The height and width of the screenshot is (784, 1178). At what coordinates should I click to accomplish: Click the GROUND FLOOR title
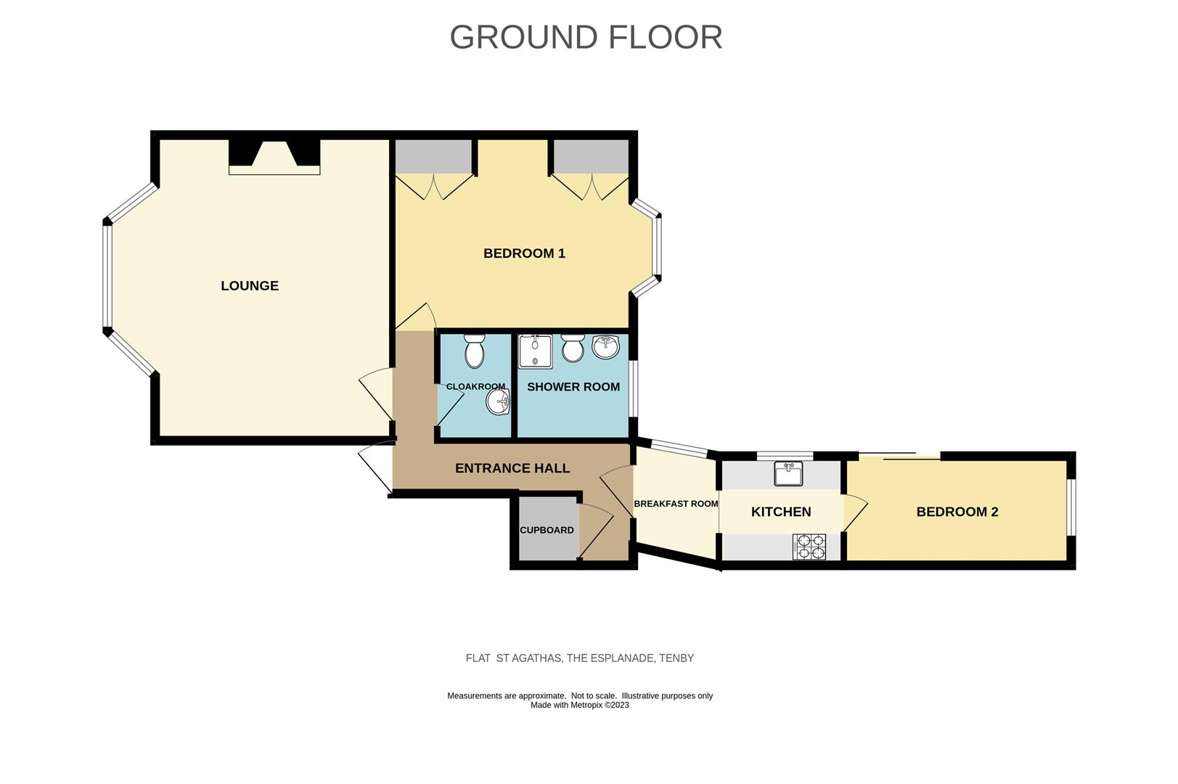point(586,37)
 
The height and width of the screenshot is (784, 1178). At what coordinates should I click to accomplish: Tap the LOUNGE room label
point(250,285)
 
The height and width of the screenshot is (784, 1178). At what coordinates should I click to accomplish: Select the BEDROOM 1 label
point(524,253)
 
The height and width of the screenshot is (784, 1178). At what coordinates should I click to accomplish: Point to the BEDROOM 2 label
point(957,512)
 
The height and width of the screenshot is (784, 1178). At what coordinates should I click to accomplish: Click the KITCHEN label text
point(781,512)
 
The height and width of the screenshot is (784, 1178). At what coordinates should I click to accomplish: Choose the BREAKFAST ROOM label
point(676,504)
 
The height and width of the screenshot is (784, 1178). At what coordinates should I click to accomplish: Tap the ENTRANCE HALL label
point(512,468)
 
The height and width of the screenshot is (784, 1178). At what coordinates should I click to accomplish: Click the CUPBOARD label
point(547,530)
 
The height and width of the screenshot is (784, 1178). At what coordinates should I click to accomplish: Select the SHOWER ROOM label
point(573,387)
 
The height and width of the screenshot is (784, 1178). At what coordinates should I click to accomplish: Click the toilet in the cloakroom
point(475,351)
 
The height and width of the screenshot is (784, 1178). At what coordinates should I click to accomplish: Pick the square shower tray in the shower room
point(535,351)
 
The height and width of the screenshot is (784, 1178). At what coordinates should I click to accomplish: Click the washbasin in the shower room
point(606,348)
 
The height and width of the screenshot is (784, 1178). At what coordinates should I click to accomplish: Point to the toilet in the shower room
point(573,348)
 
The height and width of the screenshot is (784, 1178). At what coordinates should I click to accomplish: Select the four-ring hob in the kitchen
point(809,547)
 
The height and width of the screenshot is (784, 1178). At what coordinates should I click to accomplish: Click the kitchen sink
point(788,474)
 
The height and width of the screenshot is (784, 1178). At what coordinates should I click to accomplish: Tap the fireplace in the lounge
point(274,158)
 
